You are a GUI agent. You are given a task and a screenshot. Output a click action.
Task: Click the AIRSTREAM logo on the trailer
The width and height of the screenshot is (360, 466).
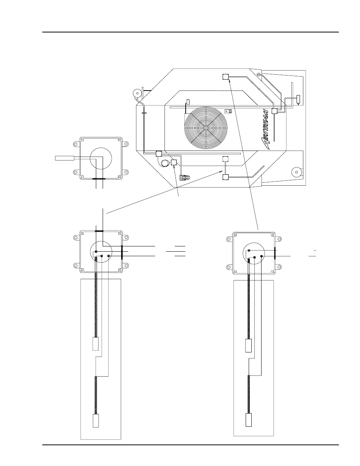pos(265,129)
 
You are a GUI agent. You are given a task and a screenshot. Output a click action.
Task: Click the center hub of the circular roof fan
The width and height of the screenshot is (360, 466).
pos(206,128)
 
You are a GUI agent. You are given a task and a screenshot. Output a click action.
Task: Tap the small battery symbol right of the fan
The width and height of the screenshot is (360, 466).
pos(228,111)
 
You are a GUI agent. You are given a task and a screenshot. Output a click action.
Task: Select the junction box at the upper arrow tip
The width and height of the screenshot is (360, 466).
pos(226,77)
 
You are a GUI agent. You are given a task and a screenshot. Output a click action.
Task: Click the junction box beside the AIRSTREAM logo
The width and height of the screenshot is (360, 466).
pos(274,111)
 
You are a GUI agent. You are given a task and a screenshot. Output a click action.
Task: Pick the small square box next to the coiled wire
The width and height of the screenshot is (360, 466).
pos(174,162)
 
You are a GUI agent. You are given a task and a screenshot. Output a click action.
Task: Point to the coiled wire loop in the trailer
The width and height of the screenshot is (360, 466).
pos(165,163)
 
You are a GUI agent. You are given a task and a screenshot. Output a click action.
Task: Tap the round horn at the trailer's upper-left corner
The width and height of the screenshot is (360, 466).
pos(137,93)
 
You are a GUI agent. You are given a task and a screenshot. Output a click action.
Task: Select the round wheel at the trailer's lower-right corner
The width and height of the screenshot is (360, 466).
pos(297,172)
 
